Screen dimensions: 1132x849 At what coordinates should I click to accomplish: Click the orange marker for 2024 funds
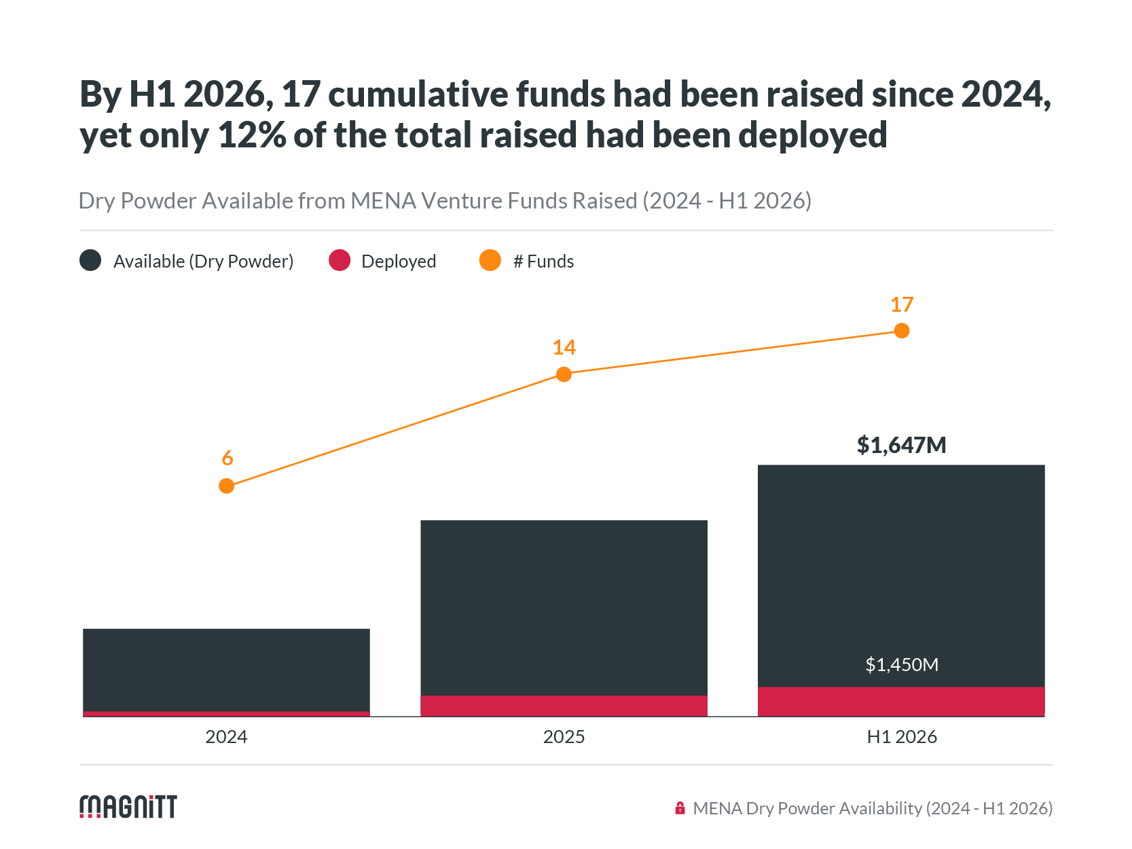click(x=226, y=486)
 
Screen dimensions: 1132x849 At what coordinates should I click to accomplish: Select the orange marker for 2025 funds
click(x=564, y=374)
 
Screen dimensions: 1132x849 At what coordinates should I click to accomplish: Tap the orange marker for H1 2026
click(x=902, y=331)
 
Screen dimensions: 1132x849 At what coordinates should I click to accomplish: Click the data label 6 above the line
click(x=227, y=458)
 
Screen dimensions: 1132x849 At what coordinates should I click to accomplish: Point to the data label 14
click(x=564, y=347)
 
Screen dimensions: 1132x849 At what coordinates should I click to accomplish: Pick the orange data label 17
click(x=902, y=304)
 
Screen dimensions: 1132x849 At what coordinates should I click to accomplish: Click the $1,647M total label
click(x=902, y=445)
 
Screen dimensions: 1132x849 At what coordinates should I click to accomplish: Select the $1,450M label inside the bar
click(x=902, y=664)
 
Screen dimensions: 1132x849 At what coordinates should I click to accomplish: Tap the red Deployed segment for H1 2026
click(x=901, y=702)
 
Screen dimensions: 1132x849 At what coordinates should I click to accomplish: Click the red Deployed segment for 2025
click(x=564, y=706)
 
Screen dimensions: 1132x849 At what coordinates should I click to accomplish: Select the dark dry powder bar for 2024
click(x=226, y=670)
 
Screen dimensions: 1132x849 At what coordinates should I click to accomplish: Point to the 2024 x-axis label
click(x=226, y=736)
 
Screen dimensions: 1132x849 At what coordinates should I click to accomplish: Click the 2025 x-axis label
click(x=564, y=736)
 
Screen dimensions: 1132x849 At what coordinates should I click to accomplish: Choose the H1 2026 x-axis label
click(x=902, y=736)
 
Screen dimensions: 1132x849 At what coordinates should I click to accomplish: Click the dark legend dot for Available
click(x=90, y=260)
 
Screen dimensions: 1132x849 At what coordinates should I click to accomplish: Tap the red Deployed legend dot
click(x=340, y=260)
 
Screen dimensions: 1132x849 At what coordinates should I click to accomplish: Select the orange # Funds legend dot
click(x=490, y=260)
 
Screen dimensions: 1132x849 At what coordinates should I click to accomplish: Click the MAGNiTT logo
click(x=128, y=807)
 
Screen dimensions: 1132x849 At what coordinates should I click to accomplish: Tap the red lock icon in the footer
click(x=680, y=808)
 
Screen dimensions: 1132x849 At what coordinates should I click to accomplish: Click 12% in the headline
click(x=252, y=135)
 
